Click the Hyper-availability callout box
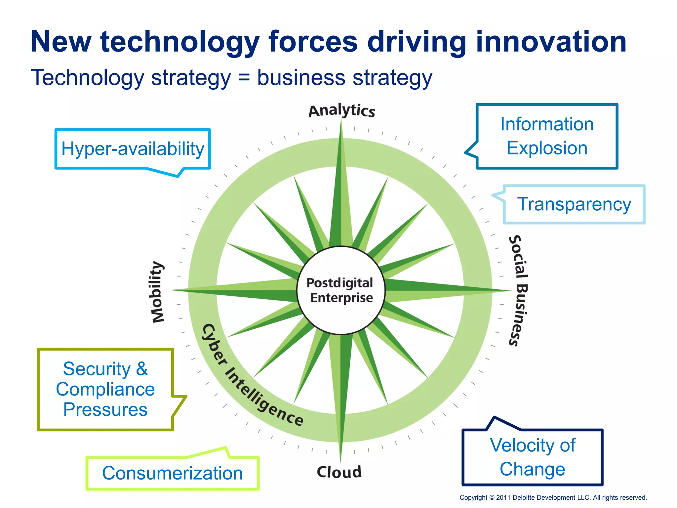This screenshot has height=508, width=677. coord(133,149)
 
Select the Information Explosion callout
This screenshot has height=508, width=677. coord(547,136)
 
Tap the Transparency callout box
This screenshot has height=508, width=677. coord(574,204)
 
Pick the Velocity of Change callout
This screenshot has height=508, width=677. coord(533,457)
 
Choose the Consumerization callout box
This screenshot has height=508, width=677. coord(172,473)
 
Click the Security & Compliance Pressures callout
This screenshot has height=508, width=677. coord(105,389)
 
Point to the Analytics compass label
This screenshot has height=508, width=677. coord(342,110)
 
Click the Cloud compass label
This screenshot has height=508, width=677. coord(339,472)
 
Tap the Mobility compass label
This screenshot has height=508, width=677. coord(157,292)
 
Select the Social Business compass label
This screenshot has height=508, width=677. coord(518,290)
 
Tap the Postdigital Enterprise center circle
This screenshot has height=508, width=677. coord(341,290)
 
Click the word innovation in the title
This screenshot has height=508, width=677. coord(551,42)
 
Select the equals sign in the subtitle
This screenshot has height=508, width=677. coord(244,78)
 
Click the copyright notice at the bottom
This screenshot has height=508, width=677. coord(553,497)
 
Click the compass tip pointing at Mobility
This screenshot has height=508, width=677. coord(172,290)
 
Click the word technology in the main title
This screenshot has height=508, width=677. coord(180,42)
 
